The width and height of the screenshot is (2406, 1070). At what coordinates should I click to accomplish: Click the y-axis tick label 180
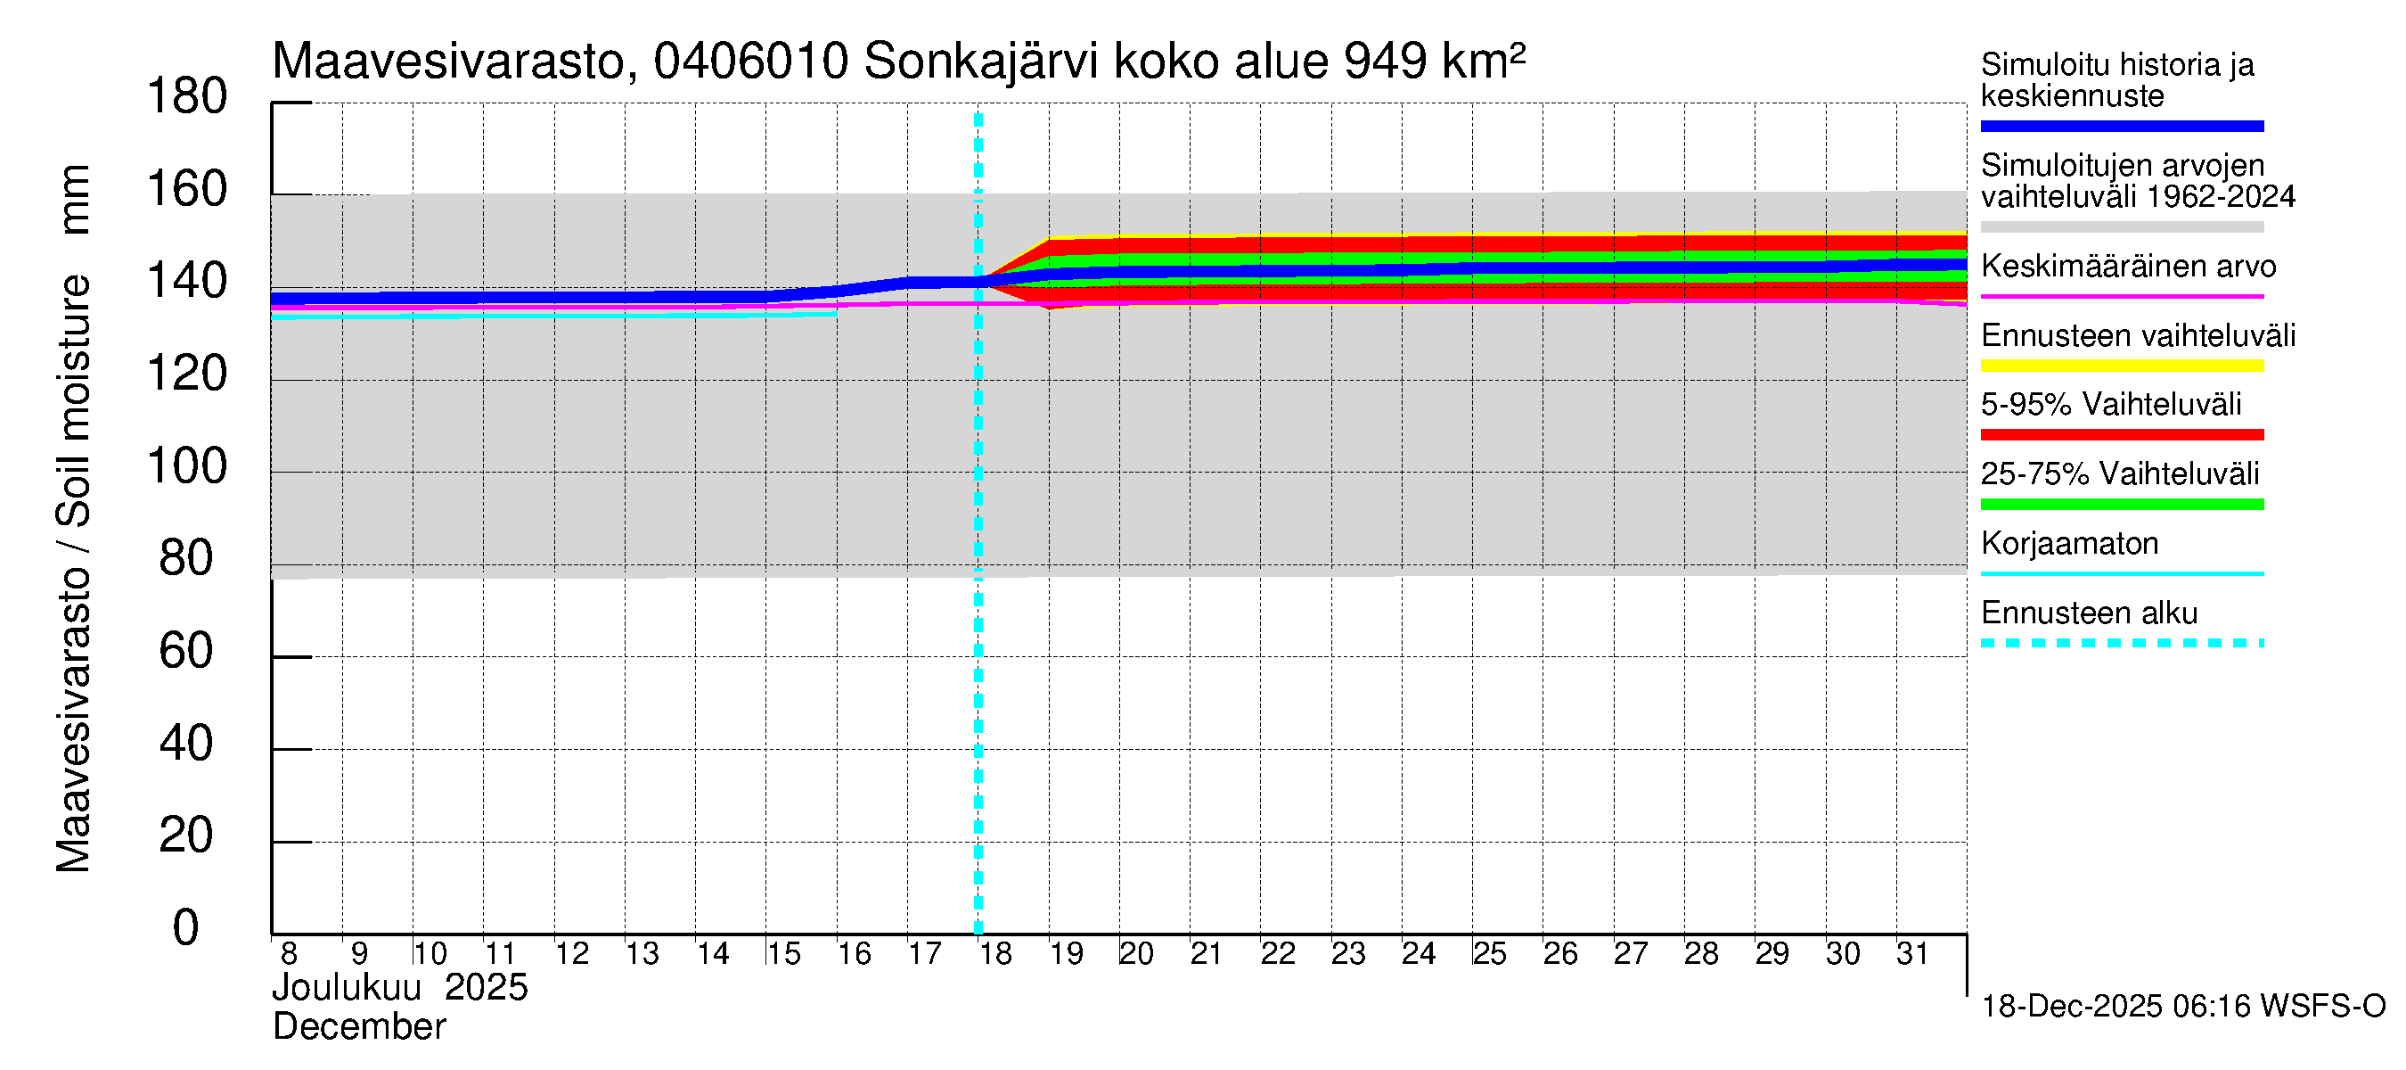(x=187, y=97)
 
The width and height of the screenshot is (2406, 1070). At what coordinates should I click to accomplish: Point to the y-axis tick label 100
(x=187, y=466)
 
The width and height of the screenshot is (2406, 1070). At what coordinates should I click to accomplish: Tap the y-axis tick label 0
(x=186, y=928)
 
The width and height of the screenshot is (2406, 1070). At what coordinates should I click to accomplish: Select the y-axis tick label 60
(x=186, y=651)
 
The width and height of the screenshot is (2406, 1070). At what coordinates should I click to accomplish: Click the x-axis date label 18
(x=994, y=954)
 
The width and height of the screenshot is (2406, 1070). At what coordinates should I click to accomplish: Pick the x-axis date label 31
(x=1912, y=954)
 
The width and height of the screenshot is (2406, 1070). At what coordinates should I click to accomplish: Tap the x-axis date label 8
(x=289, y=954)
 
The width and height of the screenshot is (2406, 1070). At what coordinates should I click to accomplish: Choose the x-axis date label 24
(x=1418, y=954)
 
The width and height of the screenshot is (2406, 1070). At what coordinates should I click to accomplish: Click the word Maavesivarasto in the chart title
(x=448, y=62)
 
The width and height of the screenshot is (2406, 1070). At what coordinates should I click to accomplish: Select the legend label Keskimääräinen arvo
(x=2129, y=267)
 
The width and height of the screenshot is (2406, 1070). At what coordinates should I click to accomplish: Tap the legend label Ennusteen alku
(x=2090, y=613)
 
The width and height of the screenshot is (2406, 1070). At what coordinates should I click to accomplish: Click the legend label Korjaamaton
(x=2070, y=544)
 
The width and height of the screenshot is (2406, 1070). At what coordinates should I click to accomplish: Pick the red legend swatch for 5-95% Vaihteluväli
(x=2122, y=434)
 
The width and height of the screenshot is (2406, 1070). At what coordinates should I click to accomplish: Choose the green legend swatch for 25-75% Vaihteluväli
(x=2122, y=505)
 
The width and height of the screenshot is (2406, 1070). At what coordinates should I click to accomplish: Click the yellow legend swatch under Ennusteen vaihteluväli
(x=2122, y=366)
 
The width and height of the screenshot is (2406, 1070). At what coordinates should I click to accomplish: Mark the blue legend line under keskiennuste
(x=2122, y=126)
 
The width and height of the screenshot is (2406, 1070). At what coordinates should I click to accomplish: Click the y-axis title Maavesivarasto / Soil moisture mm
(x=73, y=520)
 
